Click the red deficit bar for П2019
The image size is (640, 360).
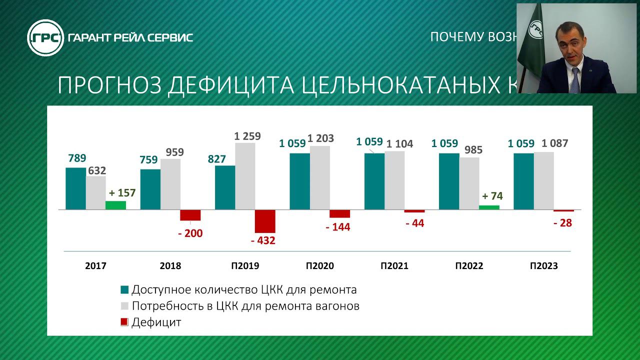[x=265, y=221]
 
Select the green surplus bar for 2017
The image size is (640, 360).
[x=115, y=205]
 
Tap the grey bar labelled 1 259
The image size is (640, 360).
[x=245, y=176]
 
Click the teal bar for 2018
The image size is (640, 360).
[x=150, y=189]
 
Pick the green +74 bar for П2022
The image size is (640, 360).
[x=489, y=207]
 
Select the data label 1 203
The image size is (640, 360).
[x=320, y=138]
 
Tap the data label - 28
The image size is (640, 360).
[x=562, y=223]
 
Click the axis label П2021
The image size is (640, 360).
[x=393, y=266]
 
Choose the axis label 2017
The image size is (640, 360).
[x=95, y=266]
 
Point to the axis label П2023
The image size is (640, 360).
[x=543, y=266]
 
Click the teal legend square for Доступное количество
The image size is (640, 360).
[x=125, y=290]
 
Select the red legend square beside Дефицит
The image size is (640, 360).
[x=125, y=322]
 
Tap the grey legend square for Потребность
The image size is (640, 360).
[x=125, y=306]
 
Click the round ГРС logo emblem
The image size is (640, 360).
[x=45, y=37]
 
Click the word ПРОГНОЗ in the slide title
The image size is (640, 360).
[x=108, y=85]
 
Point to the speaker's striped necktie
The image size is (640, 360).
[x=574, y=80]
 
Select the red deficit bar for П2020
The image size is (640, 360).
[x=339, y=213]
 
